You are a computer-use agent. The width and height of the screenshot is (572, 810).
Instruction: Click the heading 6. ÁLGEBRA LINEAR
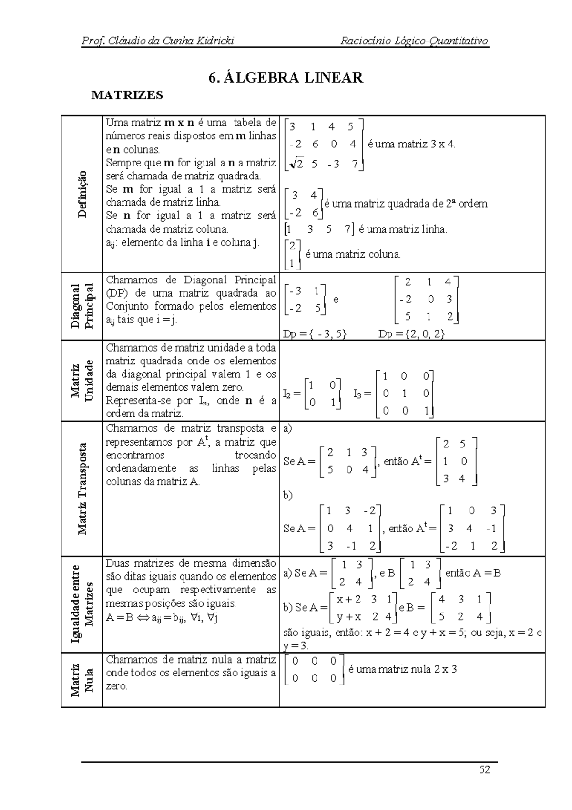[x=286, y=77]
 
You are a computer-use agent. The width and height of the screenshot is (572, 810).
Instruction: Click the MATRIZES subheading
[x=127, y=95]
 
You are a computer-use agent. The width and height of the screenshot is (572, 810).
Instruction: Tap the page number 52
[x=485, y=769]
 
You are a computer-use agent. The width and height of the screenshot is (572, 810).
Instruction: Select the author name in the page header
[x=158, y=41]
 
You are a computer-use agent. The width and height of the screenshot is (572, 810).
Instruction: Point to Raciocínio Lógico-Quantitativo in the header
[x=414, y=41]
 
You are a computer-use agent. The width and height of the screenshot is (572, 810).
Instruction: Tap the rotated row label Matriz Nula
[x=82, y=679]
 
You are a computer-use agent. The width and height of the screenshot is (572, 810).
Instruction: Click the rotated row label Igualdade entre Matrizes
[x=82, y=604]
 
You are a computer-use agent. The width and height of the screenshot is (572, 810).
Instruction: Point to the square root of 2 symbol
[x=296, y=164]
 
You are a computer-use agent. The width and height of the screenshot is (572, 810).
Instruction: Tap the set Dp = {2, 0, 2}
[x=411, y=334]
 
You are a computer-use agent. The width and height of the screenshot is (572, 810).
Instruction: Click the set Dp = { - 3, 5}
[x=315, y=334]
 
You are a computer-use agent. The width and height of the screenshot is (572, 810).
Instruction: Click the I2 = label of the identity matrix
[x=292, y=394]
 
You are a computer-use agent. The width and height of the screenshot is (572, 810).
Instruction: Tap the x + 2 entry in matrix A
[x=349, y=599]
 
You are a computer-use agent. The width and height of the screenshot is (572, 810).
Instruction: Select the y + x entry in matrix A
[x=348, y=616]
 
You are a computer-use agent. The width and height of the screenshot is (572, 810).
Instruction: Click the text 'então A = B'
[x=473, y=573]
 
